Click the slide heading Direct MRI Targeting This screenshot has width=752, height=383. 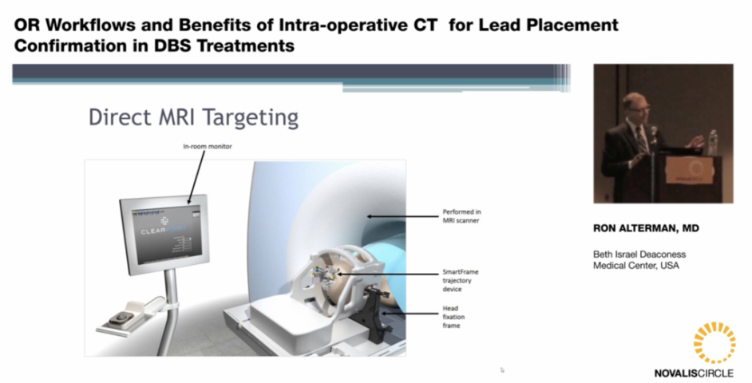[193, 118]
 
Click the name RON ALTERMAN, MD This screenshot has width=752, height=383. [646, 228]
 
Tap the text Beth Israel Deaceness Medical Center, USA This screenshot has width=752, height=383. [639, 260]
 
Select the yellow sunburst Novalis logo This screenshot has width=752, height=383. [713, 342]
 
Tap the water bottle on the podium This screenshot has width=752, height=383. [712, 140]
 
